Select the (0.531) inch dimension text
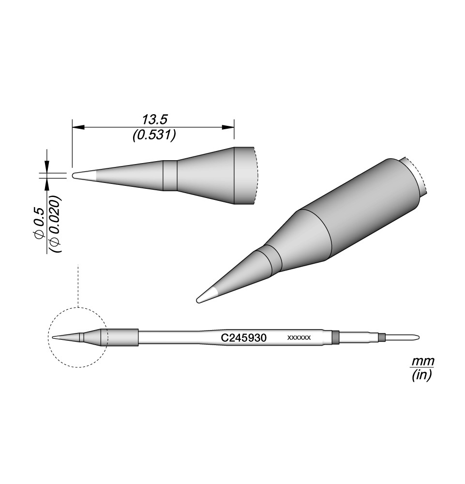pos(154,135)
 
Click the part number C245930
pos(243,338)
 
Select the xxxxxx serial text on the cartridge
pos(299,338)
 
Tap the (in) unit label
pos(421,375)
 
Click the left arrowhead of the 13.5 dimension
pos(78,127)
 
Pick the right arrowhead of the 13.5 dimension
pos(228,127)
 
